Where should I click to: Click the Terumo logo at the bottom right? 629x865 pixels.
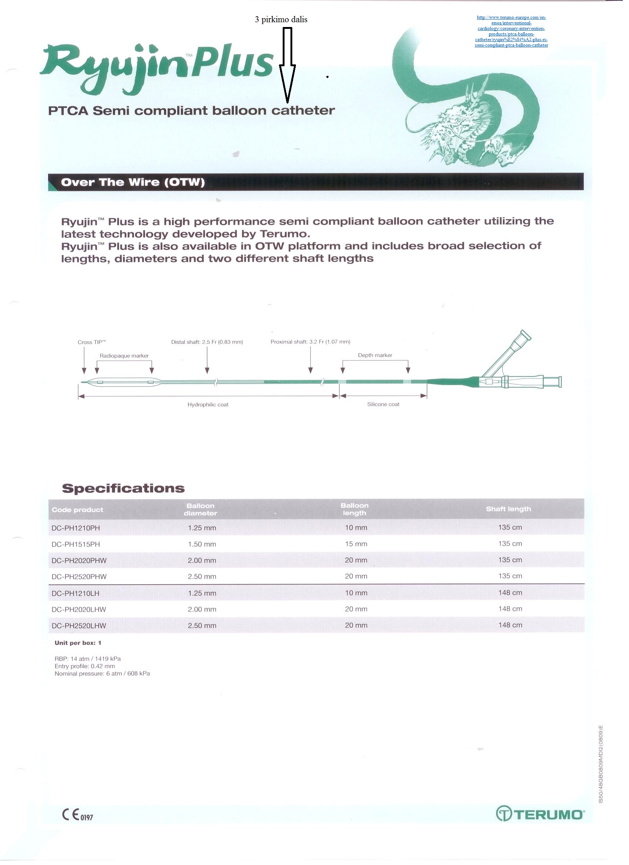tap(540, 814)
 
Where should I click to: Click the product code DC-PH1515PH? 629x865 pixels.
tap(75, 544)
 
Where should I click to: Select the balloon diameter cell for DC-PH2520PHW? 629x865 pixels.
tap(202, 576)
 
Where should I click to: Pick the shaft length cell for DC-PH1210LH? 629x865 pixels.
tap(510, 593)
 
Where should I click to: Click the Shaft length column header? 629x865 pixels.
tap(508, 509)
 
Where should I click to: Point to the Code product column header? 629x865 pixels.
tap(77, 510)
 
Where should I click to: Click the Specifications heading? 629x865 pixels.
tap(123, 489)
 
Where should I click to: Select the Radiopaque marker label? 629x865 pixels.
tap(124, 356)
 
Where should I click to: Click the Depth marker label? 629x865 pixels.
tap(375, 356)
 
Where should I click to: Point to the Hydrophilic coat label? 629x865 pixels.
tap(208, 405)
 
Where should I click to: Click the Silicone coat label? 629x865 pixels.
tap(383, 404)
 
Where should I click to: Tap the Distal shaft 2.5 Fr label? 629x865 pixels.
tap(207, 342)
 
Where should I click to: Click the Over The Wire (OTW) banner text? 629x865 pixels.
tap(133, 182)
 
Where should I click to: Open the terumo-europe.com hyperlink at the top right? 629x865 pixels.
tap(511, 31)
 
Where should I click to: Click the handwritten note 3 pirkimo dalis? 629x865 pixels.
tap(281, 20)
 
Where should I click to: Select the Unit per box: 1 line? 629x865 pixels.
tap(78, 643)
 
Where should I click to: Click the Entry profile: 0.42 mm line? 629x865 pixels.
tap(85, 666)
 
